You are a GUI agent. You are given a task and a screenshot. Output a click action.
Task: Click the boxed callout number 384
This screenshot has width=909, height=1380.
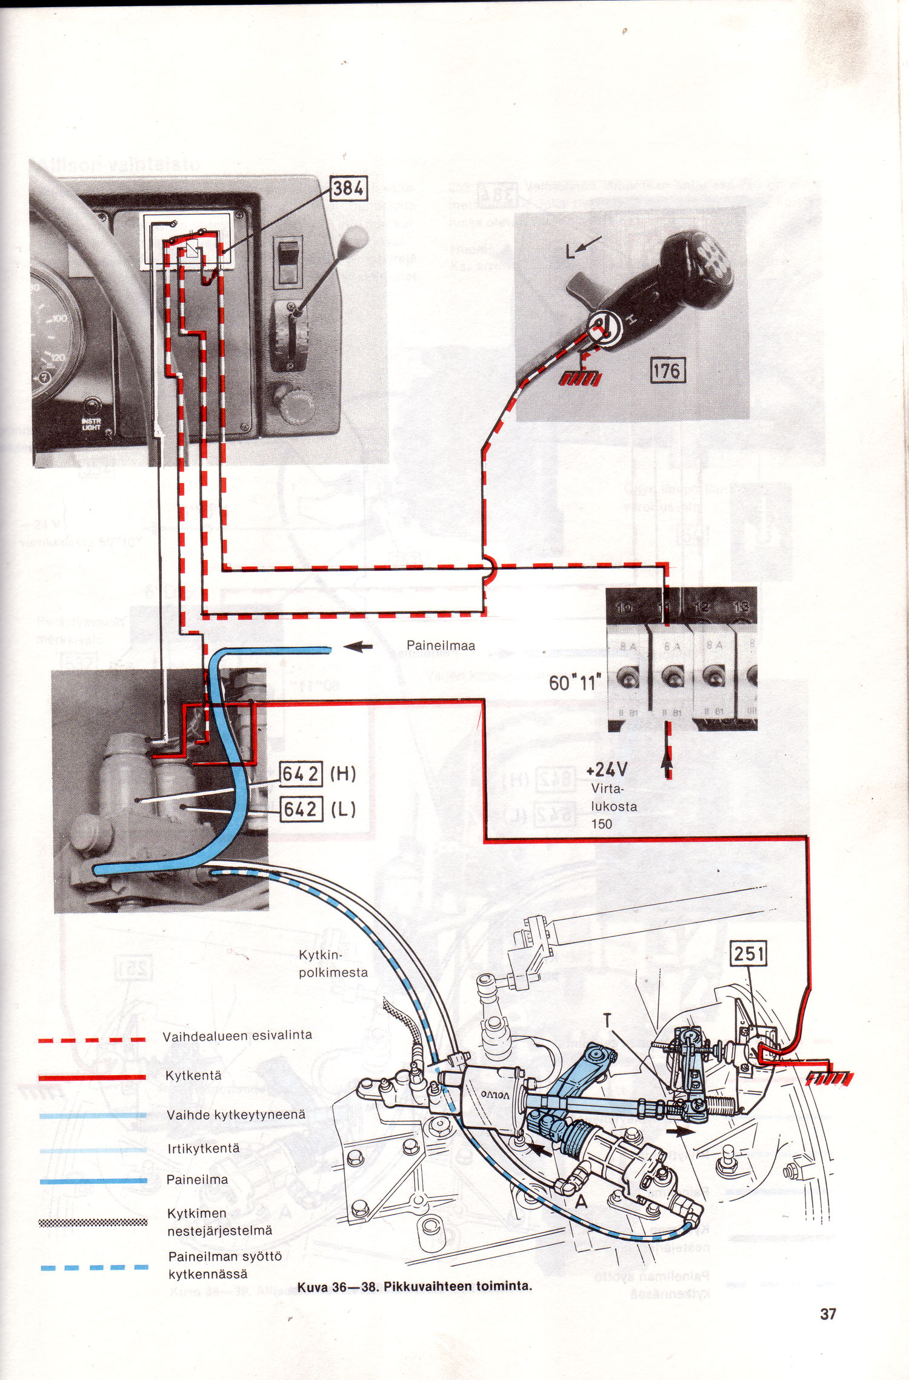tap(348, 188)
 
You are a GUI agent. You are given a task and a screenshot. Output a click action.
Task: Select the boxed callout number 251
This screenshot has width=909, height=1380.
tap(749, 954)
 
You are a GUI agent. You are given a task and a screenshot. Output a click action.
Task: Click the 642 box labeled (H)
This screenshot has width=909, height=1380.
tap(301, 775)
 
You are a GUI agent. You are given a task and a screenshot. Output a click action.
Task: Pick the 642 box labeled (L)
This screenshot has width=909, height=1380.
tap(301, 810)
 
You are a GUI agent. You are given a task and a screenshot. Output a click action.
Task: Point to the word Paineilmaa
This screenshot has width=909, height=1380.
tap(441, 646)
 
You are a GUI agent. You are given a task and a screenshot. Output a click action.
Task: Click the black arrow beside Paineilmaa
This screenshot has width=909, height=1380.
tap(358, 647)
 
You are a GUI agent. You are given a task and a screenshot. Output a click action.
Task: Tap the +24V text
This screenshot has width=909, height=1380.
tap(607, 770)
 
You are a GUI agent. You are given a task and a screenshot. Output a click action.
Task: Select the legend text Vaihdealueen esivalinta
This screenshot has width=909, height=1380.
tap(237, 1036)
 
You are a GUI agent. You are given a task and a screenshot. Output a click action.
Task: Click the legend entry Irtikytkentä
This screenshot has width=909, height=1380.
tap(203, 1148)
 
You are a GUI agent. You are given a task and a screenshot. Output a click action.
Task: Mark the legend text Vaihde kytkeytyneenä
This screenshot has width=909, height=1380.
tap(236, 1115)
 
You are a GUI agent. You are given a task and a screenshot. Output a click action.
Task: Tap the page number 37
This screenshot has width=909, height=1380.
tap(828, 1314)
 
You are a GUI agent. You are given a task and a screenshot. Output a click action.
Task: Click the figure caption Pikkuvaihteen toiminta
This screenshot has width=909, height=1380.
tap(415, 1286)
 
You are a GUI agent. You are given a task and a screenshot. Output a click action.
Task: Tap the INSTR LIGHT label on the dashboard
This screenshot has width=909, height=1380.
tap(92, 424)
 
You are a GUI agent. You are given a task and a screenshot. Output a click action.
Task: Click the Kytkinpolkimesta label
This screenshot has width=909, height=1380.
tap(333, 964)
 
